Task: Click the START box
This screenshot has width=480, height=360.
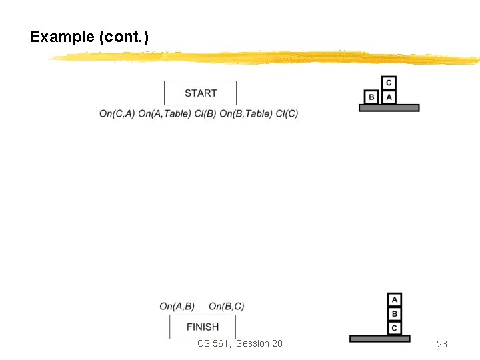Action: click(200, 93)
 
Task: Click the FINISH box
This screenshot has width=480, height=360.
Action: click(203, 327)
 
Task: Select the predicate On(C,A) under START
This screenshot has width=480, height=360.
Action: click(117, 114)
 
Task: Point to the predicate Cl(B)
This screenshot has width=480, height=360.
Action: click(205, 114)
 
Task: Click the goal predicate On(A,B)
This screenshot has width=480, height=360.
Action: click(177, 307)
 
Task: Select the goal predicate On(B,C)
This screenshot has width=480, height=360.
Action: click(227, 307)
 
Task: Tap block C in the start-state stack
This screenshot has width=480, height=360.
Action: click(389, 83)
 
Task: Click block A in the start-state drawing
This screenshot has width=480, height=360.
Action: click(389, 97)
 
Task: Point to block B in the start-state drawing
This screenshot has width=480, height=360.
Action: click(372, 97)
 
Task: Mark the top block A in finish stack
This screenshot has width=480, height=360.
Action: click(395, 300)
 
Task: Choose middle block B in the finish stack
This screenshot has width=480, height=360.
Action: click(395, 314)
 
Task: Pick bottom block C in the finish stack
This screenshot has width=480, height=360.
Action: click(395, 328)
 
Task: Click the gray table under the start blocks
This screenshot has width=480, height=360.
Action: click(389, 107)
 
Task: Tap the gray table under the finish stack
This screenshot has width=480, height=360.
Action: click(380, 339)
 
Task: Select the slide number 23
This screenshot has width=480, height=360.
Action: click(441, 344)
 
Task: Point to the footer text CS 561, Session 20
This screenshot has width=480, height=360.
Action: click(239, 343)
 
